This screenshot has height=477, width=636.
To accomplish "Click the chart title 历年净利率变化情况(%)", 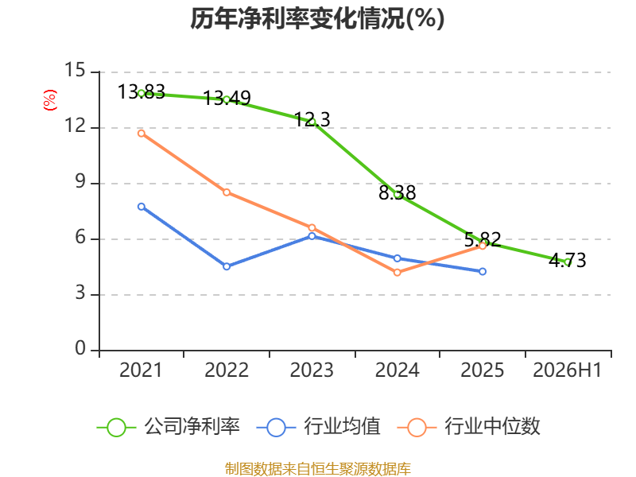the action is pyautogui.click(x=317, y=18).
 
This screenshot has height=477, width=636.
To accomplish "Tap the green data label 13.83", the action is pyautogui.click(x=142, y=91).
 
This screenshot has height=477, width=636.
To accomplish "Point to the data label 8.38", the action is pyautogui.click(x=397, y=192).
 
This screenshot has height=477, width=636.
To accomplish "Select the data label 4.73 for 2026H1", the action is pyautogui.click(x=568, y=260).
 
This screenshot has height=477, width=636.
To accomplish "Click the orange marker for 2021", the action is pyautogui.click(x=142, y=134).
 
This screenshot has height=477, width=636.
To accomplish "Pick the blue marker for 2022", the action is pyautogui.click(x=227, y=266).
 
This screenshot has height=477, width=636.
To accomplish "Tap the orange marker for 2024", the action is pyautogui.click(x=397, y=273).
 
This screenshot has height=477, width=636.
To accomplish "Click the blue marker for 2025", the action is pyautogui.click(x=483, y=271).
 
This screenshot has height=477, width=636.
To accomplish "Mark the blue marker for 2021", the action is pyautogui.click(x=142, y=207).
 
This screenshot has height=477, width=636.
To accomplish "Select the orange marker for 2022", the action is pyautogui.click(x=227, y=192).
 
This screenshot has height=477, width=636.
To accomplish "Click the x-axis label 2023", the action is pyautogui.click(x=312, y=370).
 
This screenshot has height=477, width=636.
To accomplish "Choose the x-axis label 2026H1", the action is pyautogui.click(x=567, y=370).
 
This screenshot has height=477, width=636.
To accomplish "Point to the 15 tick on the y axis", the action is pyautogui.click(x=75, y=70).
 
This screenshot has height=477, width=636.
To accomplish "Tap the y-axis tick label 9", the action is pyautogui.click(x=80, y=182).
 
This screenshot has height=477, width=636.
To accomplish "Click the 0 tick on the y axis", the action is pyautogui.click(x=80, y=348).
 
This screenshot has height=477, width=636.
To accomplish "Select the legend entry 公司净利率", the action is pyautogui.click(x=169, y=427).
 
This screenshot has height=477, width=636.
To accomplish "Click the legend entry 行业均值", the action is pyautogui.click(x=319, y=427).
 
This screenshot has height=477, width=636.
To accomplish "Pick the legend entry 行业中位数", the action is pyautogui.click(x=469, y=427).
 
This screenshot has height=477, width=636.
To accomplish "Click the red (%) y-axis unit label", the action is pyautogui.click(x=50, y=100).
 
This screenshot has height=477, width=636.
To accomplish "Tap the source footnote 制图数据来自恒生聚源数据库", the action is pyautogui.click(x=318, y=469).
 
